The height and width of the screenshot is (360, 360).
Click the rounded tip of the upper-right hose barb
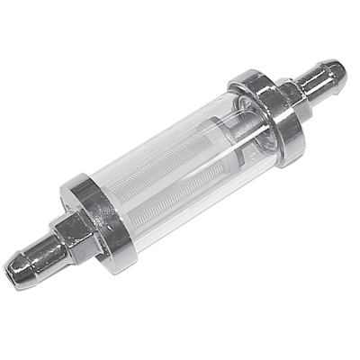tap(334, 70)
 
